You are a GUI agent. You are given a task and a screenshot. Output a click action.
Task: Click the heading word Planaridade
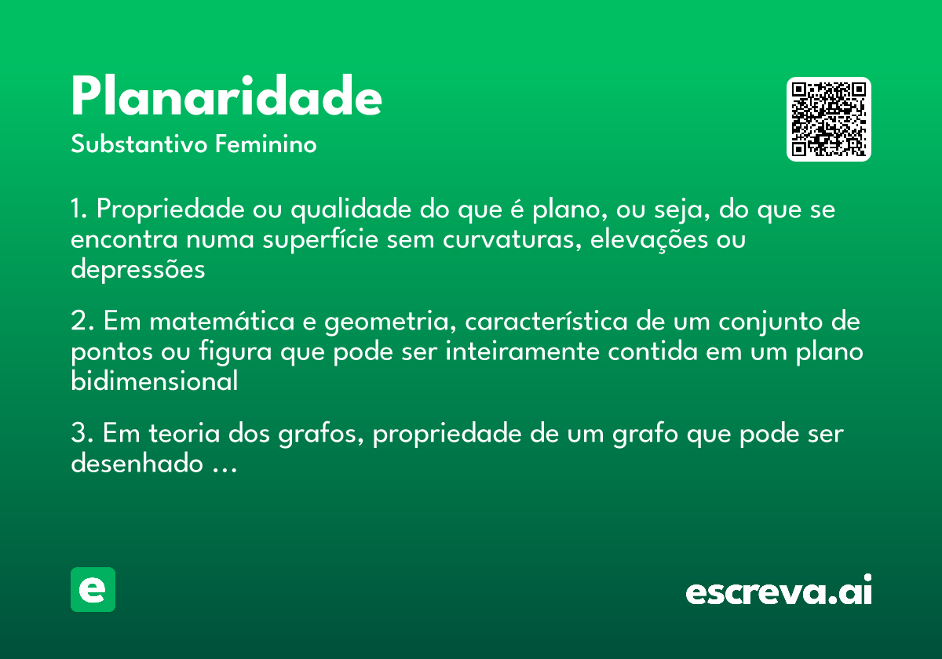[226, 97]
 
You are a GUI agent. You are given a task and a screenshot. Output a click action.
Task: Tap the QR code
[829, 119]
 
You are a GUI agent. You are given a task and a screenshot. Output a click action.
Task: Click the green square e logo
[93, 589]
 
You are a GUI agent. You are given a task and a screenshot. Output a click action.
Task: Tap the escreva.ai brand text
[779, 592]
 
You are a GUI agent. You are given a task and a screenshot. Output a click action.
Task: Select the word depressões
[137, 270]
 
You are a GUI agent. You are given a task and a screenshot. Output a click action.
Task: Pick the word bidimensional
[154, 382]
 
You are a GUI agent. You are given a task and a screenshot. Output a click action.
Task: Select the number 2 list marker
[81, 322]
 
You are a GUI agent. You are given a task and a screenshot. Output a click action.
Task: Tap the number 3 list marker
[81, 434]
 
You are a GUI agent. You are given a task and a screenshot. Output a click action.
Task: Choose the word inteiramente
[522, 352]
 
